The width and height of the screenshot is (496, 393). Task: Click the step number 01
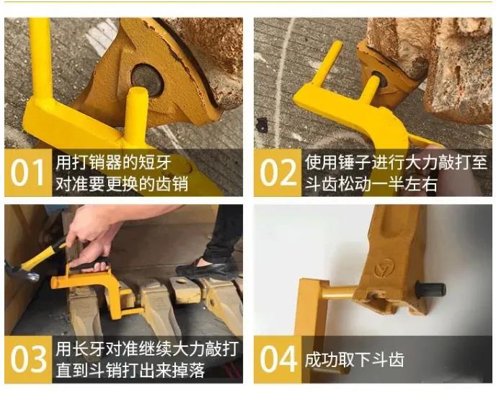click(27, 172)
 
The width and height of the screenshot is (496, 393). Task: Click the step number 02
click(278, 172)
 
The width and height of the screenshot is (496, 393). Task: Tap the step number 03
click(28, 359)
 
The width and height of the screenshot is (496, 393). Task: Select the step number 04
click(278, 359)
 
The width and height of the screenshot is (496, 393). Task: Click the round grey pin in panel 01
click(147, 79)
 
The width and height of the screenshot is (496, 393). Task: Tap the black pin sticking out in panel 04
click(430, 289)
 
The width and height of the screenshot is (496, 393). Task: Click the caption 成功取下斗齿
click(354, 360)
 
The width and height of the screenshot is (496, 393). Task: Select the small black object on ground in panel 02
click(262, 124)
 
